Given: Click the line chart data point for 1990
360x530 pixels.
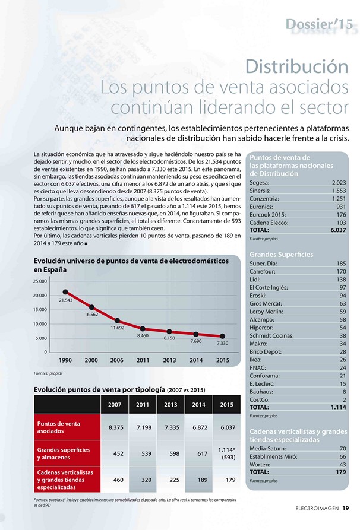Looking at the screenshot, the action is (65, 291).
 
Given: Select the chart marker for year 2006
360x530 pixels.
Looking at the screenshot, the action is (117, 320).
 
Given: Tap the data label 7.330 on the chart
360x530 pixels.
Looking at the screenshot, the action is (223, 343).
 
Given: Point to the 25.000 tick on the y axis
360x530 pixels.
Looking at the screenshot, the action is (40, 281).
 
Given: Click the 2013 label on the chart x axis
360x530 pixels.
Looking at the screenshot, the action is (169, 360).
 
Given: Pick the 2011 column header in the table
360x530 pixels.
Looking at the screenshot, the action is (143, 405).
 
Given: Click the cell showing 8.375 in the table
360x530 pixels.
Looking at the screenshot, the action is (116, 427).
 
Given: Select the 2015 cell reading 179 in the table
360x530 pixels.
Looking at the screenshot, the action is (230, 480).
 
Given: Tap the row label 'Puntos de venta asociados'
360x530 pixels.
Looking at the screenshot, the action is (59, 427).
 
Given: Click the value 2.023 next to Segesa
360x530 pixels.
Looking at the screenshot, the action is (339, 183).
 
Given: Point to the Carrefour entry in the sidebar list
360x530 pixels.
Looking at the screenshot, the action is (263, 271).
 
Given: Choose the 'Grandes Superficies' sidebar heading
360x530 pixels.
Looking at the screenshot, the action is (282, 255).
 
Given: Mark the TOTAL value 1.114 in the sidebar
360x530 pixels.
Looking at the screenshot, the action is (339, 407).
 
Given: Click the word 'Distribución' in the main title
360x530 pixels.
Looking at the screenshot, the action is (296, 66).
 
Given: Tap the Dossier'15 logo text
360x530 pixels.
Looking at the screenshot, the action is (319, 24).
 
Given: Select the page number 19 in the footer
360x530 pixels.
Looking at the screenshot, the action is (346, 508).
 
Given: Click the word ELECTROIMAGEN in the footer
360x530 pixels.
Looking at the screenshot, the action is (317, 508).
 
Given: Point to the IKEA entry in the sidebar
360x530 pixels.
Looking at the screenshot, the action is (255, 360).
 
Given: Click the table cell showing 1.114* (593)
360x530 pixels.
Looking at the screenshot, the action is (227, 453).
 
